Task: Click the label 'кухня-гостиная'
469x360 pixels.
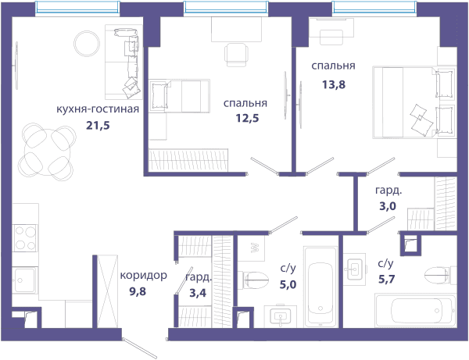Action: [x=98, y=109]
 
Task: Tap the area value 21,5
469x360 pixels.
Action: [x=98, y=125]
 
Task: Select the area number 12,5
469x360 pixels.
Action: [x=247, y=118]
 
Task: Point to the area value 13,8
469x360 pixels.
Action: [x=334, y=84]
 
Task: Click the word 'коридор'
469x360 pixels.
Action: [x=144, y=276]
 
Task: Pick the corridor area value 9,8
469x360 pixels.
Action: [x=138, y=291]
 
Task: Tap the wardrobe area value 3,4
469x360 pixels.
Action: [x=198, y=293]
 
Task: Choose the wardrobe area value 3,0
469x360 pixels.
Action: [x=388, y=206]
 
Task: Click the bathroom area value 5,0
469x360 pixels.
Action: [x=288, y=284]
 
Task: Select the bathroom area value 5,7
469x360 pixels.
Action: [x=387, y=280]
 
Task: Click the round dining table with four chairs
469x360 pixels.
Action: [x=47, y=152]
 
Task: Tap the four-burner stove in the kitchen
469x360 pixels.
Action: [x=25, y=238]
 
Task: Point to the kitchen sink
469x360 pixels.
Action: [x=25, y=280]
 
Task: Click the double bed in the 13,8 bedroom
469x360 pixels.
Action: [x=414, y=102]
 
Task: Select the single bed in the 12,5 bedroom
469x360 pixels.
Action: [x=180, y=96]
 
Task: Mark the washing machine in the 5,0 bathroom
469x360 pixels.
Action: [x=251, y=248]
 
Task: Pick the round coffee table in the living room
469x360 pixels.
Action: [x=87, y=44]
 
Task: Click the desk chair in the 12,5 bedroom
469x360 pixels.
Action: [x=236, y=55]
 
